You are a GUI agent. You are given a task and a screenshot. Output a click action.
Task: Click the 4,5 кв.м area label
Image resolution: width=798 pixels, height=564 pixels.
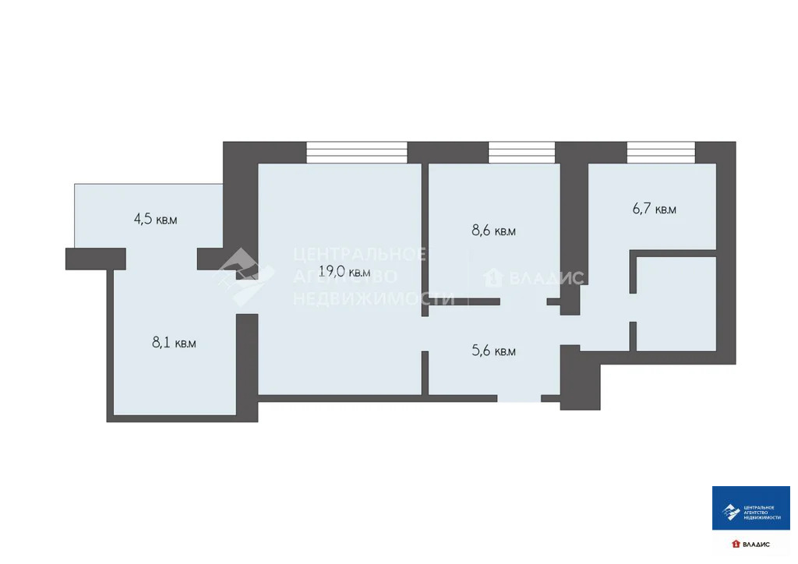click(x=156, y=219)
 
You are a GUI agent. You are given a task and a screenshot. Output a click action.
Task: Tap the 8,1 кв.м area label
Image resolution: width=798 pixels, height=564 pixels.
click(x=174, y=342)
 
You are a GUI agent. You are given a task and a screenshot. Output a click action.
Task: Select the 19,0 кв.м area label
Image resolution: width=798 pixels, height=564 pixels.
click(x=344, y=272)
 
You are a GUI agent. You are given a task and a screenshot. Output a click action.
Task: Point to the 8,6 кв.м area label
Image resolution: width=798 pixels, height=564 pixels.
click(x=494, y=231)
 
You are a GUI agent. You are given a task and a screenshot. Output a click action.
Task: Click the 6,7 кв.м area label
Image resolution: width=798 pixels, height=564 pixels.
click(x=654, y=209)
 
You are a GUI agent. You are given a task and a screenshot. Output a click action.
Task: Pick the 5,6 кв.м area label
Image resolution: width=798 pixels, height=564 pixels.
click(x=494, y=351)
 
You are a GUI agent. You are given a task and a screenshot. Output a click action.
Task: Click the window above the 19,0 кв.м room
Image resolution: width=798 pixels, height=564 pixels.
click(x=357, y=152)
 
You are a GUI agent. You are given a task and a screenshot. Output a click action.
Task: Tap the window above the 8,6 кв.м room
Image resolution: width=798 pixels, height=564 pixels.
click(x=521, y=152)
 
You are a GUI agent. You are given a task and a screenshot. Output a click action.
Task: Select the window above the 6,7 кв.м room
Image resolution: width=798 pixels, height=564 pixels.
click(x=661, y=152)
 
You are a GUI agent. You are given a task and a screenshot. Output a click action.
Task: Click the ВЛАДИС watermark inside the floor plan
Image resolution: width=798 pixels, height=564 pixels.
click(x=535, y=278)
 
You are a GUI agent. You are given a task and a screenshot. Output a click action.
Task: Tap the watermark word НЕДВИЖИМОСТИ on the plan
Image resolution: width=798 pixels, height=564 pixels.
click(x=373, y=298)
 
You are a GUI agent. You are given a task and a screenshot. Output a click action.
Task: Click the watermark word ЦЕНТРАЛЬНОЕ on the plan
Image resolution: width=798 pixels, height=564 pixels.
click(x=359, y=254)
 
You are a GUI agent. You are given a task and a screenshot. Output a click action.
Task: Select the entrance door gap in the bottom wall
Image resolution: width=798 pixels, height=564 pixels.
click(x=519, y=398)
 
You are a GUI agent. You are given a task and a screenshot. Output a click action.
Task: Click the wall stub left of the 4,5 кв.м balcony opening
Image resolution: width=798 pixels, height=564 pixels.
click(x=95, y=259)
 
